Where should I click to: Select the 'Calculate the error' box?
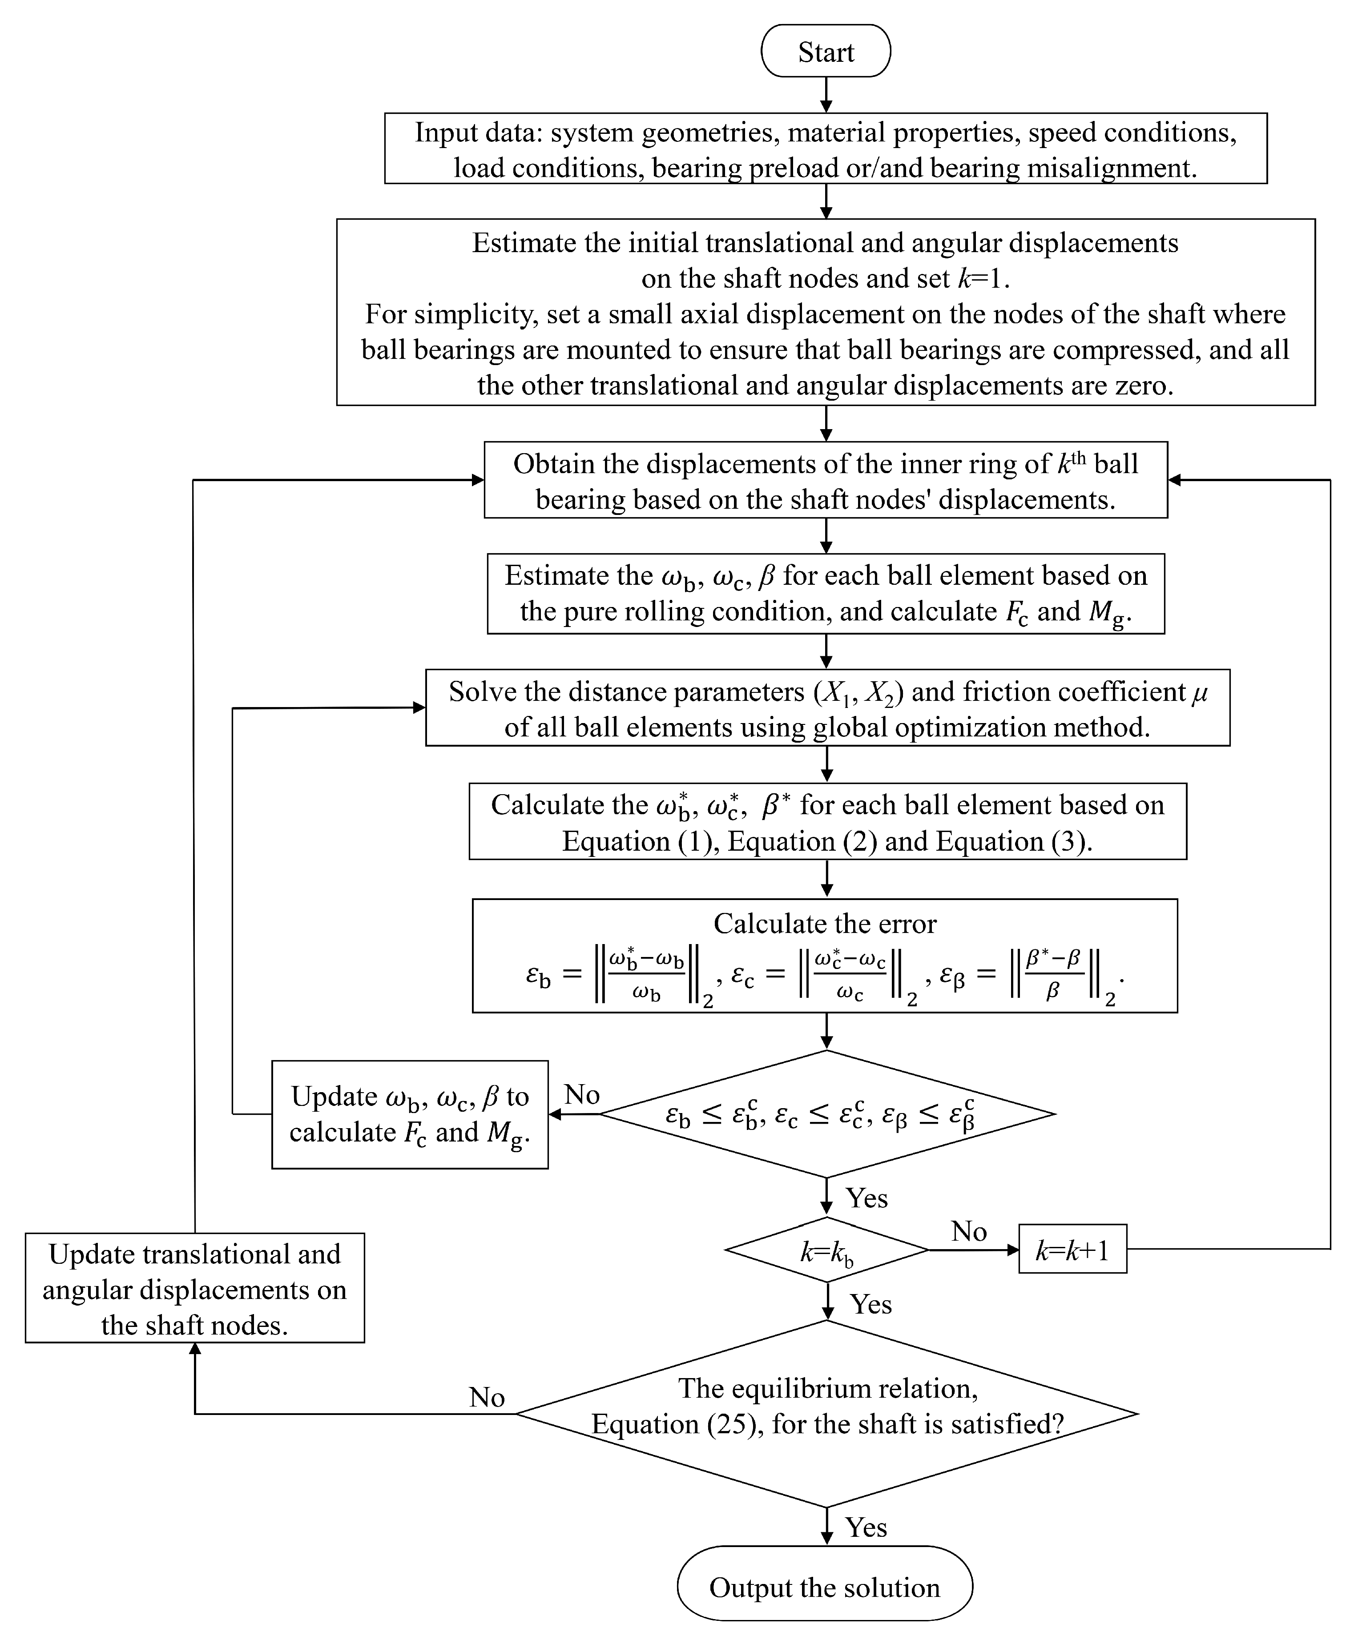point(824,956)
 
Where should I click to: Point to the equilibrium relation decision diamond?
point(827,1414)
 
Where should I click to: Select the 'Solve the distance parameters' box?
point(827,708)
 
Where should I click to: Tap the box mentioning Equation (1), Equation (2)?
point(827,822)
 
